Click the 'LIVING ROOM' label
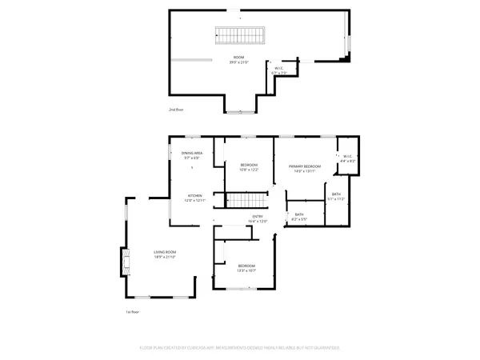click(x=165, y=252)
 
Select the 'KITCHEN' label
click(x=195, y=196)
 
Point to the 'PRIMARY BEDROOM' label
click(x=305, y=166)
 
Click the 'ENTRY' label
click(x=258, y=216)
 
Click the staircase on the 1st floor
click(x=245, y=201)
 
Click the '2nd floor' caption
click(x=175, y=109)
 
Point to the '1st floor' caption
click(x=132, y=312)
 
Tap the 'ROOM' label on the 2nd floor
click(x=238, y=57)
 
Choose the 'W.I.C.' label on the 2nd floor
click(x=279, y=68)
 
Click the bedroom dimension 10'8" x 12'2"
click(x=249, y=170)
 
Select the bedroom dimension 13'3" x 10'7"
click(x=246, y=270)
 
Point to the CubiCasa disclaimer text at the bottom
click(x=239, y=348)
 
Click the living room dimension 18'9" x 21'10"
click(x=165, y=257)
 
